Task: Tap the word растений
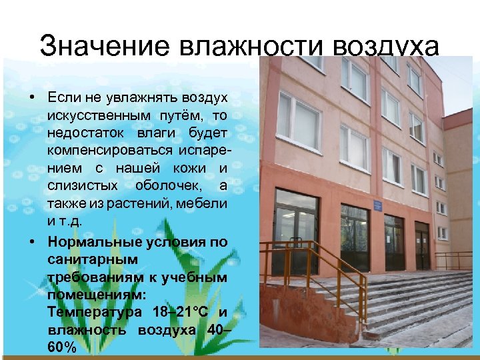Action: [125, 202]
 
